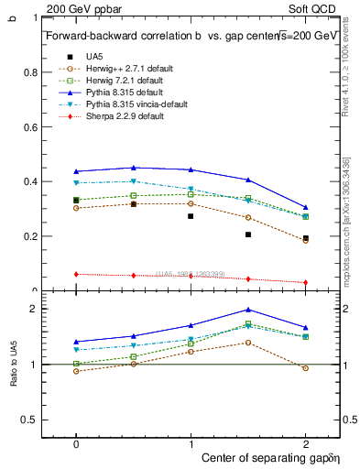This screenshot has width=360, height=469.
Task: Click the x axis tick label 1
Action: [191, 442]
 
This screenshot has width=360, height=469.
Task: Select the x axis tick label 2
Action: [306, 442]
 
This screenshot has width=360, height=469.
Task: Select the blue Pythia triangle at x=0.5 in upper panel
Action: [134, 168]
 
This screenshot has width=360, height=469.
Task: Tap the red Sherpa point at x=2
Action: [306, 282]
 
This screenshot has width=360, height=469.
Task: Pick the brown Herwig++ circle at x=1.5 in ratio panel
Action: [248, 343]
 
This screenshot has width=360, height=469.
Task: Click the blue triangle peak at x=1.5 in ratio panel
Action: [248, 310]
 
